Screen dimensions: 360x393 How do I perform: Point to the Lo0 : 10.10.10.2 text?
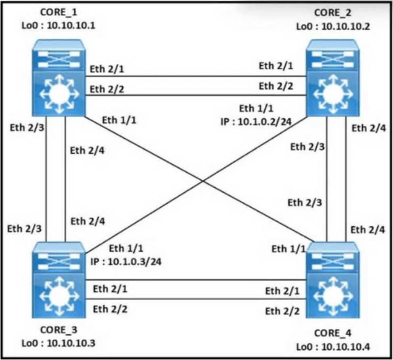[x=333, y=26]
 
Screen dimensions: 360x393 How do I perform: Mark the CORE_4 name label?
[x=332, y=333]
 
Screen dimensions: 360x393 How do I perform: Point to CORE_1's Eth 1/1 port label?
[x=119, y=120]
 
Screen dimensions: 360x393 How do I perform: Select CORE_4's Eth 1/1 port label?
[x=288, y=249]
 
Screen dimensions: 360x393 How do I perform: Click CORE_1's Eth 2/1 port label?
[x=107, y=70]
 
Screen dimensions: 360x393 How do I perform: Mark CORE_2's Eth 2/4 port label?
[x=368, y=128]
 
